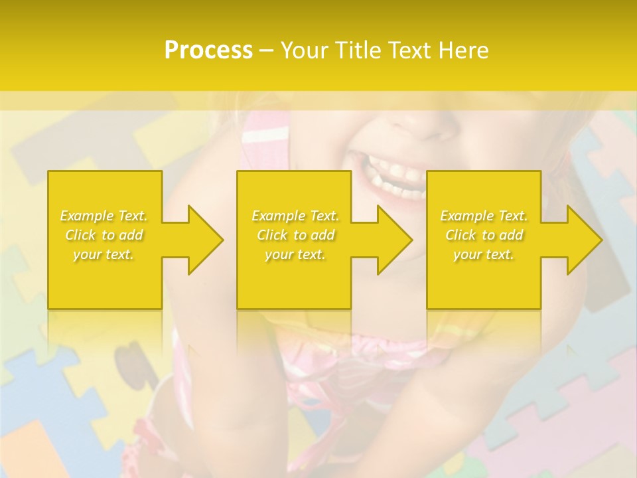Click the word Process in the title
click(x=208, y=50)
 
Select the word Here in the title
click(x=463, y=50)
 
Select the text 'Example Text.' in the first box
click(x=104, y=216)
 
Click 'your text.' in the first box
click(x=104, y=254)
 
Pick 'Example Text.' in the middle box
click(x=295, y=216)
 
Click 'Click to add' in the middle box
click(x=295, y=235)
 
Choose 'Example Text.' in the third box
click(x=484, y=216)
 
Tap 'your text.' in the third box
click(x=484, y=254)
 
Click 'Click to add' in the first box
click(x=104, y=235)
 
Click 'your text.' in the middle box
click(x=295, y=254)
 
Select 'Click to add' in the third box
click(x=484, y=235)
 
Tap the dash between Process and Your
click(x=267, y=51)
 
